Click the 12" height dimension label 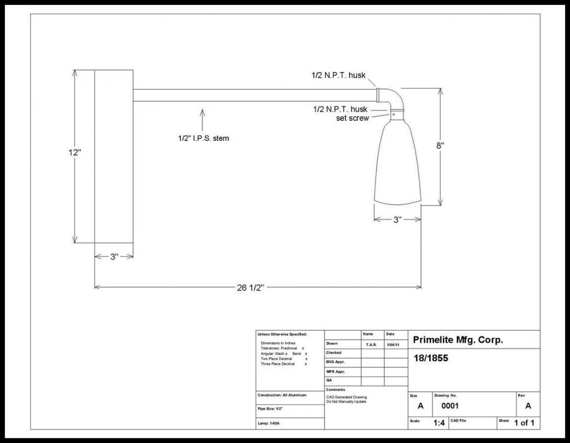point(75,152)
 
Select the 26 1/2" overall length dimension point(249,287)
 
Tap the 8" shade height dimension point(440,145)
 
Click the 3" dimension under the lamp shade point(397,219)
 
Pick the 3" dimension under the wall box point(114,257)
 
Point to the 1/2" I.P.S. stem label point(200,138)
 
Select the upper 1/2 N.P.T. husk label point(338,75)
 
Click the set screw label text point(352,118)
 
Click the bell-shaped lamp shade point(397,161)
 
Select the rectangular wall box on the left point(114,156)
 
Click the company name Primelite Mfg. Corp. point(458,340)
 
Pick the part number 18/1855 point(430,358)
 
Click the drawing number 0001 point(450,406)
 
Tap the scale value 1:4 point(439,423)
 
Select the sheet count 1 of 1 point(524,423)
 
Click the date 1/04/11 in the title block point(394,344)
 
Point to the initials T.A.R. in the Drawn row point(371,344)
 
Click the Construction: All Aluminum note point(282,395)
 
